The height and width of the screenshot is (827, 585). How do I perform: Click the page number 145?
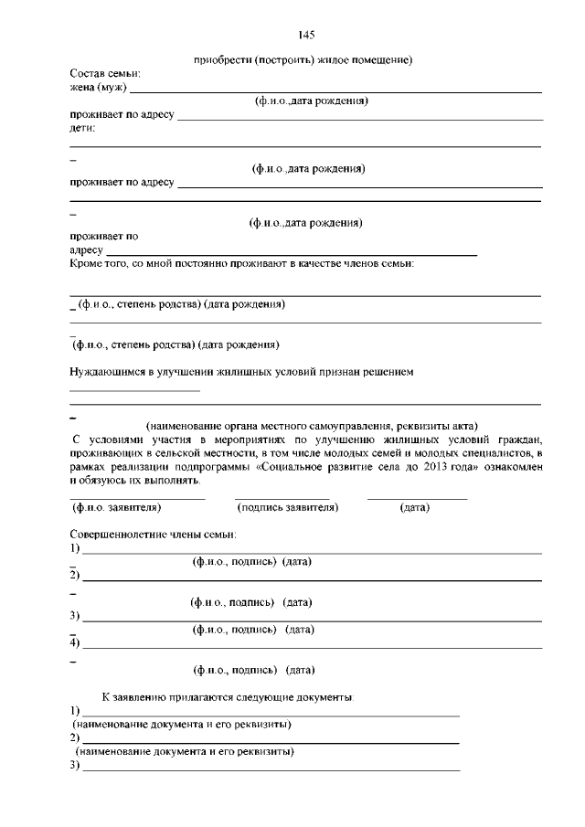coord(306,36)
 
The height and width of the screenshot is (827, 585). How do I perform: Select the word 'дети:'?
coord(83,128)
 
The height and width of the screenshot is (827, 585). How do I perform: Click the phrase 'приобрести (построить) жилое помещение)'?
coord(304,60)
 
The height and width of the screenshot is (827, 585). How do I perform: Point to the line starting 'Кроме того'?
coord(242,264)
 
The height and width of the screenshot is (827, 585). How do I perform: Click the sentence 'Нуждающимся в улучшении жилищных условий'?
coord(242,372)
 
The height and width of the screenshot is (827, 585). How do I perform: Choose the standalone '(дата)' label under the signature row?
coord(415,506)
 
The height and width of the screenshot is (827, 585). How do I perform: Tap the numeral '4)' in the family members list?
coord(75,643)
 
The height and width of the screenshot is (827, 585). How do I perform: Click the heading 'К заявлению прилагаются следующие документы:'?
coord(229,696)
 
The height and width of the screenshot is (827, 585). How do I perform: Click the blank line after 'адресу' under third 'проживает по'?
coord(292,252)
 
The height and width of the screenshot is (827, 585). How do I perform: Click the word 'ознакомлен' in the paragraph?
coord(505,466)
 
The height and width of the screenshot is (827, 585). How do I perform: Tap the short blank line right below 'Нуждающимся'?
coord(134,390)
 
